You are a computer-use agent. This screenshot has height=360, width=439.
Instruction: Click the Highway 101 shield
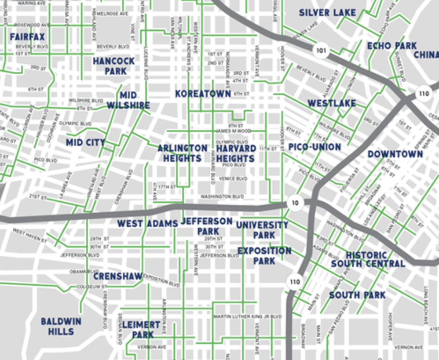click(322, 51)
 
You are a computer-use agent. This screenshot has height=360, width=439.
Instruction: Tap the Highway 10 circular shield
click(295, 203)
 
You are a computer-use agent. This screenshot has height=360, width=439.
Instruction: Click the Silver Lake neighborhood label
click(327, 13)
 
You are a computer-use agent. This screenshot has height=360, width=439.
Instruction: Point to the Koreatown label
click(203, 94)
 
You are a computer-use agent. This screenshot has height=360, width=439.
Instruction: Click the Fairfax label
click(27, 36)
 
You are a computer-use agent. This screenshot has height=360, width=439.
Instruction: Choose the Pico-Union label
click(315, 147)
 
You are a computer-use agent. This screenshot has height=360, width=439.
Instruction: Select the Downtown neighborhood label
click(395, 154)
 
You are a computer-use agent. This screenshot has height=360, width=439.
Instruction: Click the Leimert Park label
click(141, 330)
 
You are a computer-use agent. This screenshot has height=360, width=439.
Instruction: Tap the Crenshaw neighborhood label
click(118, 276)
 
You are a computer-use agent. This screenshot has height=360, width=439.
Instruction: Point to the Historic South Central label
click(368, 259)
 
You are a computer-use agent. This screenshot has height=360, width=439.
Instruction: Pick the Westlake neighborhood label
click(332, 104)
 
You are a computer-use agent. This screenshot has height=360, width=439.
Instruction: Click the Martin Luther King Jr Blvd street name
click(247, 316)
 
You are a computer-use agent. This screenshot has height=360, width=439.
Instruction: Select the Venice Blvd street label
click(235, 178)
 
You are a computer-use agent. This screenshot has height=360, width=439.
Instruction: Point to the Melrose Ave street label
click(112, 14)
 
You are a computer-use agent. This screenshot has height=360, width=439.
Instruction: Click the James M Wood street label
click(234, 131)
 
